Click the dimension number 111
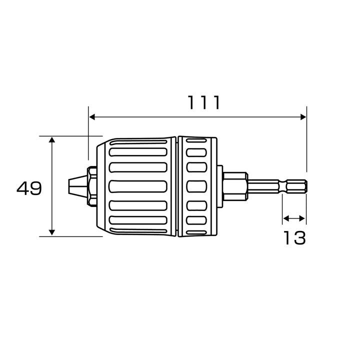tap(204, 102)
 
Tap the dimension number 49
tap(29, 188)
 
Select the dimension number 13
tap(295, 238)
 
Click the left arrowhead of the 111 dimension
tap(92, 117)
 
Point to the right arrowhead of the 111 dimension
tap(303, 117)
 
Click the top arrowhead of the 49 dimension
tap(52, 140)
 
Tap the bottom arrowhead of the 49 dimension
tap(52, 232)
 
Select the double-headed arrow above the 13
tap(294, 218)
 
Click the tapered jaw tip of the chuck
tap(77, 185)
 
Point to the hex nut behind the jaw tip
tap(92, 185)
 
